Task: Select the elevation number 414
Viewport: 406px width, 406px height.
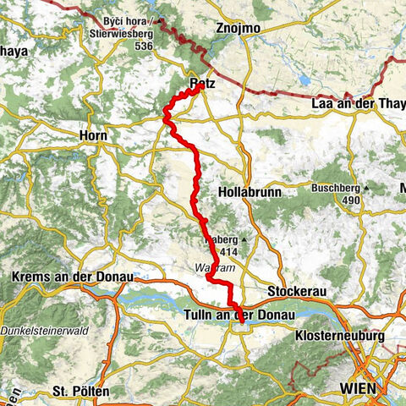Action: coord(228,251)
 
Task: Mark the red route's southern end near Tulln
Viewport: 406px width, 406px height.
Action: coord(241,320)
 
